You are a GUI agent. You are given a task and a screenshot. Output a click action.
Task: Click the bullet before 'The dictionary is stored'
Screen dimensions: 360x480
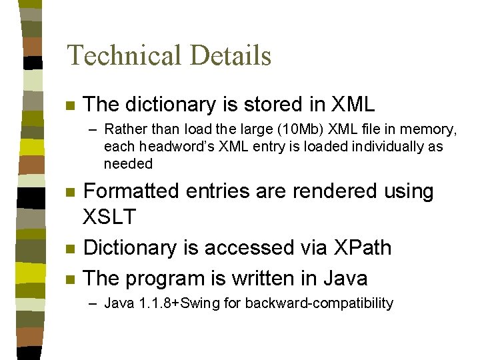(x=69, y=106)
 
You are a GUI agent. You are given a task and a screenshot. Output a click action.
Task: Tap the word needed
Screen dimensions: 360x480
(x=128, y=163)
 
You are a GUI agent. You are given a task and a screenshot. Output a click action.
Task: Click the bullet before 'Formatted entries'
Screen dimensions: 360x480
(x=69, y=193)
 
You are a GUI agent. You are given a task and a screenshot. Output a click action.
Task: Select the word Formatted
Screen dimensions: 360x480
(x=132, y=191)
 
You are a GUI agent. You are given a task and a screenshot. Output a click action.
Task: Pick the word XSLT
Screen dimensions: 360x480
(x=109, y=217)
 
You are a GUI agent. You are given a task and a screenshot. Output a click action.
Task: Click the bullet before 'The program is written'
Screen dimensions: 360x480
(x=69, y=279)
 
